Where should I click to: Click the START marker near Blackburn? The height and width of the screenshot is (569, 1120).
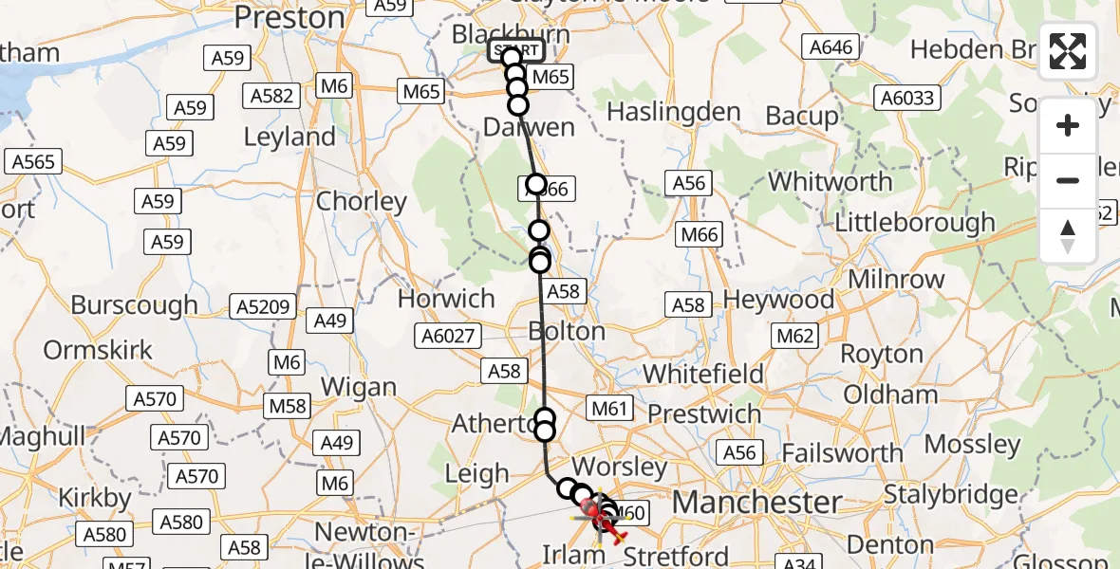point(516,50)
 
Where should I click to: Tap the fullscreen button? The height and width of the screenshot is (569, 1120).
point(1068,51)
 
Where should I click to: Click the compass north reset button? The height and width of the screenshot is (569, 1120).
point(1068,236)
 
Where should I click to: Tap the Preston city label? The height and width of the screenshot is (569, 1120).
point(289,17)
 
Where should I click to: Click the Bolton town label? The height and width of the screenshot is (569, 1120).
point(567,332)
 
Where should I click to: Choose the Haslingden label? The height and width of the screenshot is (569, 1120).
point(673,112)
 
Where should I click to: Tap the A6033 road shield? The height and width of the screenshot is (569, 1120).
point(907,97)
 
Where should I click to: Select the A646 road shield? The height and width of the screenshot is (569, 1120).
point(831,46)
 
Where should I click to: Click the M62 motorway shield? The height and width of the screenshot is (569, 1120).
point(795,335)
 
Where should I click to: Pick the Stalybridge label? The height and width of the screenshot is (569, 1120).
point(951,494)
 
